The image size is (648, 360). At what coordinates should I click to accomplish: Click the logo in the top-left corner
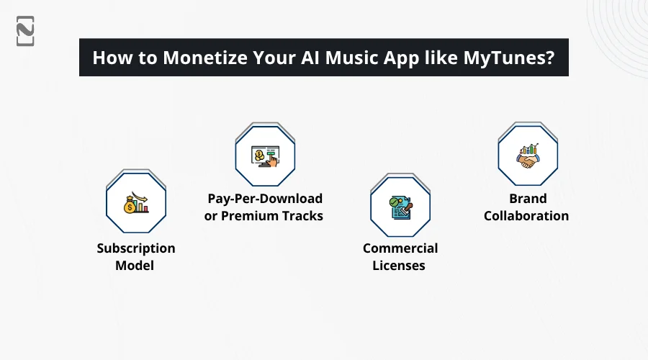25,31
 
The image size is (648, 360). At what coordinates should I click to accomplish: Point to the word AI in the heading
310,58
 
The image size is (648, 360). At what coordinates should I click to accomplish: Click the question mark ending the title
549,58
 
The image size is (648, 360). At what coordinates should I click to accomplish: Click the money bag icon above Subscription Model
136,203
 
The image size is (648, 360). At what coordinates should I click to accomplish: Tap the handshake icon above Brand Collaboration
528,156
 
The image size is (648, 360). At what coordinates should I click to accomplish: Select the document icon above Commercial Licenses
400,207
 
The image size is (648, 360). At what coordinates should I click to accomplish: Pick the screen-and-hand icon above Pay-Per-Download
265,156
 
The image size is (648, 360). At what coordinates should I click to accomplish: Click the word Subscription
136,248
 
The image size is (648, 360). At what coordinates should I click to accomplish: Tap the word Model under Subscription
135,266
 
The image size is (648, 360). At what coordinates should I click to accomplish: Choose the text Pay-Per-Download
265,199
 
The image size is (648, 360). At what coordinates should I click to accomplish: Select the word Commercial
400,248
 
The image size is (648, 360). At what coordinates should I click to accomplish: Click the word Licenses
399,266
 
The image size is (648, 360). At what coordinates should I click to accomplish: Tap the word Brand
528,199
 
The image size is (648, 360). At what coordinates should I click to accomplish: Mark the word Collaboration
526,216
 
